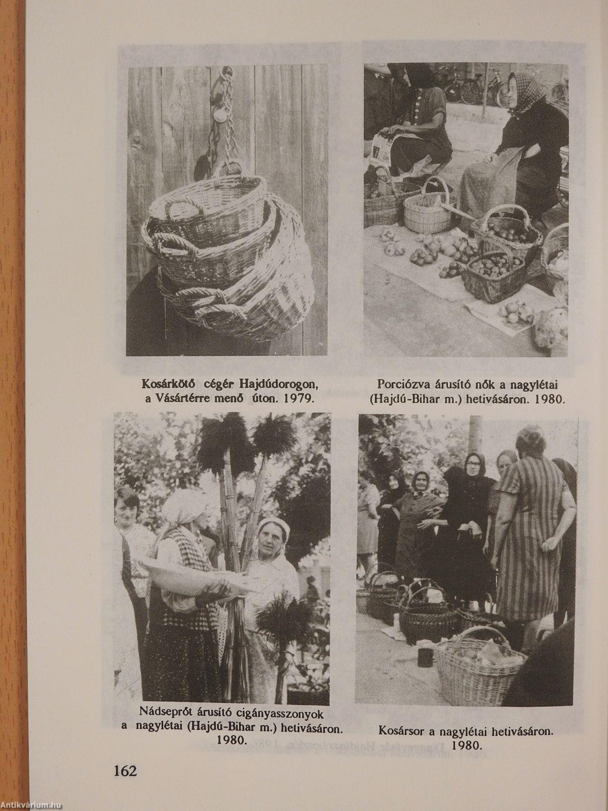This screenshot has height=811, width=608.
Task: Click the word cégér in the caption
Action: coord(220,385)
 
